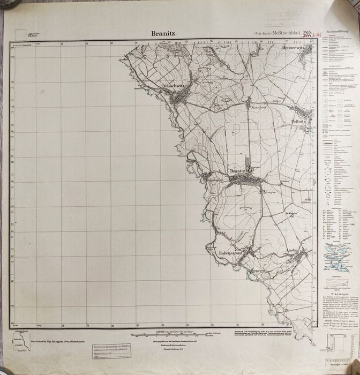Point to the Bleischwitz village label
[x=172, y=86]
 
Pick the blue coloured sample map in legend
[x=336, y=257]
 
